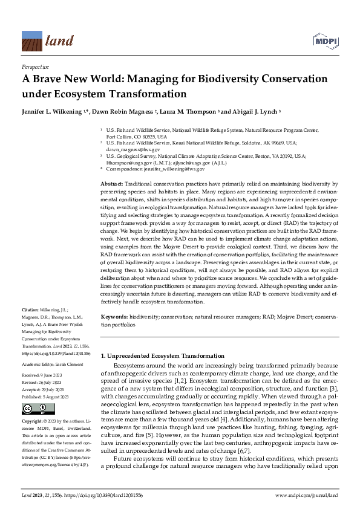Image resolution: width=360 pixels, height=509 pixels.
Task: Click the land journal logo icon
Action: click(31, 41)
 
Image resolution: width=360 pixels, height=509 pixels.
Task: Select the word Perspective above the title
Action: click(34, 67)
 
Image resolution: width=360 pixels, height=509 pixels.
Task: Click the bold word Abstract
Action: click(110, 183)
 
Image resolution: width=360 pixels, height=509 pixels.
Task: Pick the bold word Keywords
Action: click(113, 316)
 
